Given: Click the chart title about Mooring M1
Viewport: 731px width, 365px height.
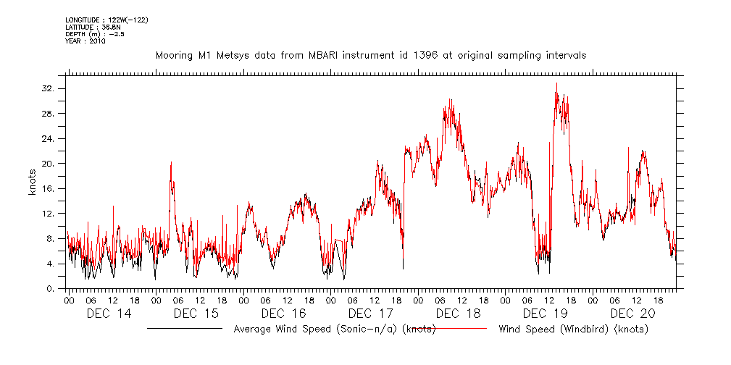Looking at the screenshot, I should (371, 55).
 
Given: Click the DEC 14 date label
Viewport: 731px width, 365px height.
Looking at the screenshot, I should (109, 314).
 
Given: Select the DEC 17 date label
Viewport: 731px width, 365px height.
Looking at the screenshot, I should (370, 314).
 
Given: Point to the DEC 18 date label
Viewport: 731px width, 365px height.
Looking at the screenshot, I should (458, 314).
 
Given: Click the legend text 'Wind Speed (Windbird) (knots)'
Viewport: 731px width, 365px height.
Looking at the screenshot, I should (573, 330).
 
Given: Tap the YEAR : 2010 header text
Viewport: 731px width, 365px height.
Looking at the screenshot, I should (85, 41).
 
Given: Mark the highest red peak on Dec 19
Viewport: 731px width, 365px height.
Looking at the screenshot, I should (556, 83).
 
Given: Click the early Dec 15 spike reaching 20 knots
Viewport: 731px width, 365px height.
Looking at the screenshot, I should (171, 163).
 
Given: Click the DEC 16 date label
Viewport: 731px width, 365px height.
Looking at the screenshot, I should (283, 314).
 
